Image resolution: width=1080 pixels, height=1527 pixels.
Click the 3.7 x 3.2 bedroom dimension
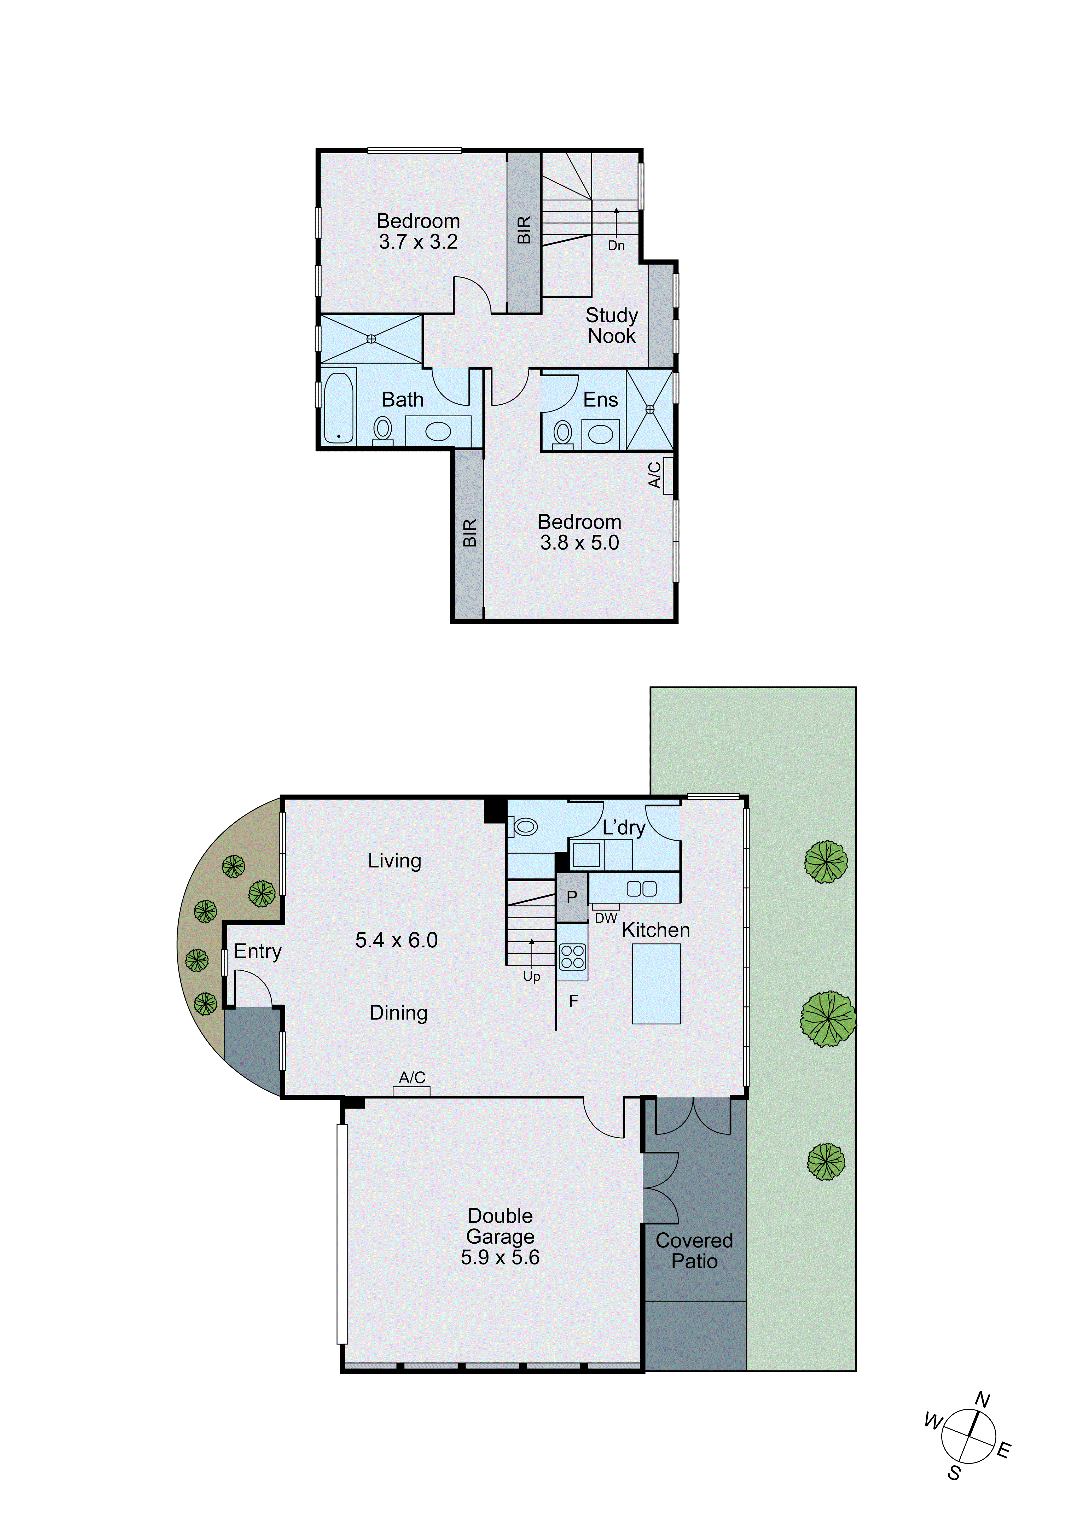(418, 242)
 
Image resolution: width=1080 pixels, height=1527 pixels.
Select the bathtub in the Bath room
(339, 407)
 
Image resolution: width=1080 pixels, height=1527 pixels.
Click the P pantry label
(571, 897)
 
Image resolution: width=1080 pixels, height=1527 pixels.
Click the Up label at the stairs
(531, 976)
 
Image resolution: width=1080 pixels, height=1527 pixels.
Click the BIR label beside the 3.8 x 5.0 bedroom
(469, 533)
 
